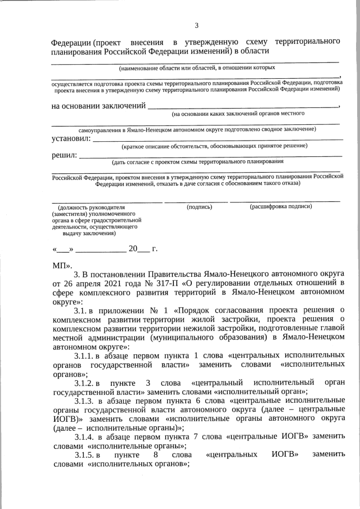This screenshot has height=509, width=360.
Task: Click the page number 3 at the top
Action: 196,25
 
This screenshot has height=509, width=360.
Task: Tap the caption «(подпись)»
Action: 199,207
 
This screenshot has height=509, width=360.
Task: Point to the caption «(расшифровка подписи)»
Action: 281,207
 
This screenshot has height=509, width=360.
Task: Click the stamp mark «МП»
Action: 60,265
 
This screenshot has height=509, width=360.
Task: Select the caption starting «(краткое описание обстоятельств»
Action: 214,146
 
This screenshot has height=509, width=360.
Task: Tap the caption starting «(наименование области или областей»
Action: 196,67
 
